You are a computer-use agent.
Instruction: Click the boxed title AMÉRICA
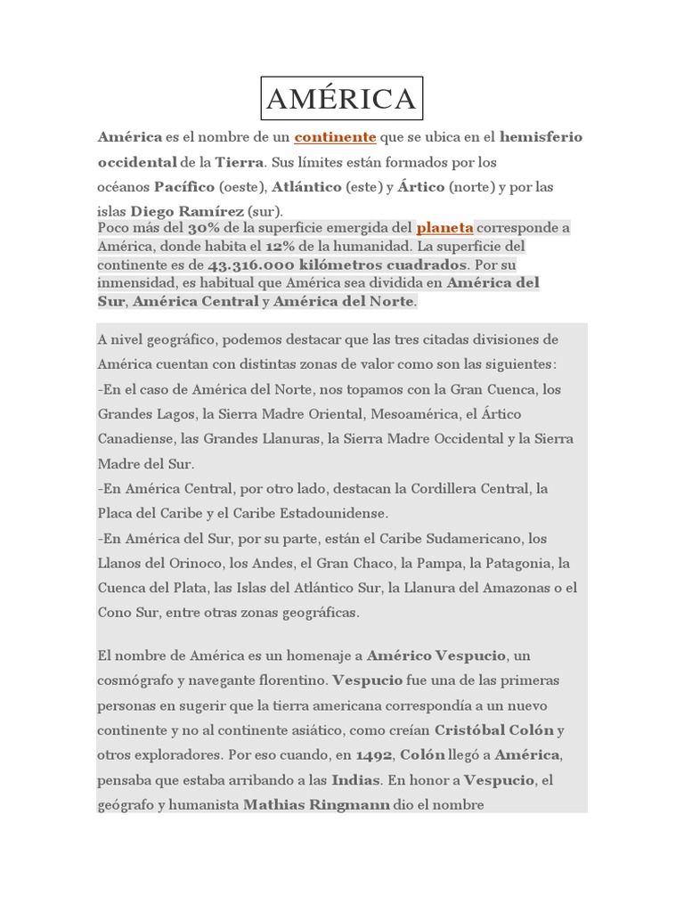click(342, 99)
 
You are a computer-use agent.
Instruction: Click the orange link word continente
click(335, 137)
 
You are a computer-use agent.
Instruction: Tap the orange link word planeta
click(444, 227)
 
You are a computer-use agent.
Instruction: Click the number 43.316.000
click(252, 265)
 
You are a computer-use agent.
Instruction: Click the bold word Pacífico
click(184, 187)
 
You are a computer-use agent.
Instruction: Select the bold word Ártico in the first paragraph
click(421, 187)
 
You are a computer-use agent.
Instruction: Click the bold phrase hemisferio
click(541, 137)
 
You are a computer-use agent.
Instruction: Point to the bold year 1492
click(374, 755)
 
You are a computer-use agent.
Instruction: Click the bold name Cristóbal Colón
click(494, 730)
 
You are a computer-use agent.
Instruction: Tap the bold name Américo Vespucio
click(436, 655)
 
